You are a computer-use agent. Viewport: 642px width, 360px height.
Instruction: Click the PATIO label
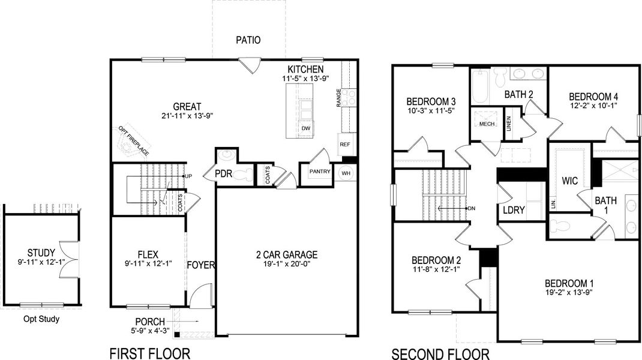(248, 41)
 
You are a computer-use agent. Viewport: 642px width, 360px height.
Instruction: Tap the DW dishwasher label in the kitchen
(306, 128)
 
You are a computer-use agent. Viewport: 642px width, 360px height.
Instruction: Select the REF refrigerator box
(345, 145)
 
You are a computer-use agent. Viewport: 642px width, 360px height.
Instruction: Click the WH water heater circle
(346, 173)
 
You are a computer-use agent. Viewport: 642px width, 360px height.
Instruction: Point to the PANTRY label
(320, 172)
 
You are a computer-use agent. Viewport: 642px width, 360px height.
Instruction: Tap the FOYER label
(201, 265)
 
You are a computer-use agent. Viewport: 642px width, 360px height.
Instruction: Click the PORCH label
(150, 322)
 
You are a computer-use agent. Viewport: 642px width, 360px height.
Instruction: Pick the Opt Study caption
(41, 319)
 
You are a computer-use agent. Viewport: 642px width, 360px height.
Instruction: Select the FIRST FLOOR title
(149, 353)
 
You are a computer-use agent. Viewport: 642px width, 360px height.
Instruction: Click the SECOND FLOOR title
(440, 353)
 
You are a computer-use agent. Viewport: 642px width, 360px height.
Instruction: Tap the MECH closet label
(486, 124)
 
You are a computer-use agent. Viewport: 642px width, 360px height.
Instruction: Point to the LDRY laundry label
(514, 211)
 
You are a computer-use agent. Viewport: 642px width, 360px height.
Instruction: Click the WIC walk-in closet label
(569, 180)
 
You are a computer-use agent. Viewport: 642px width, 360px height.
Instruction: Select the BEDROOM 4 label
(593, 96)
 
